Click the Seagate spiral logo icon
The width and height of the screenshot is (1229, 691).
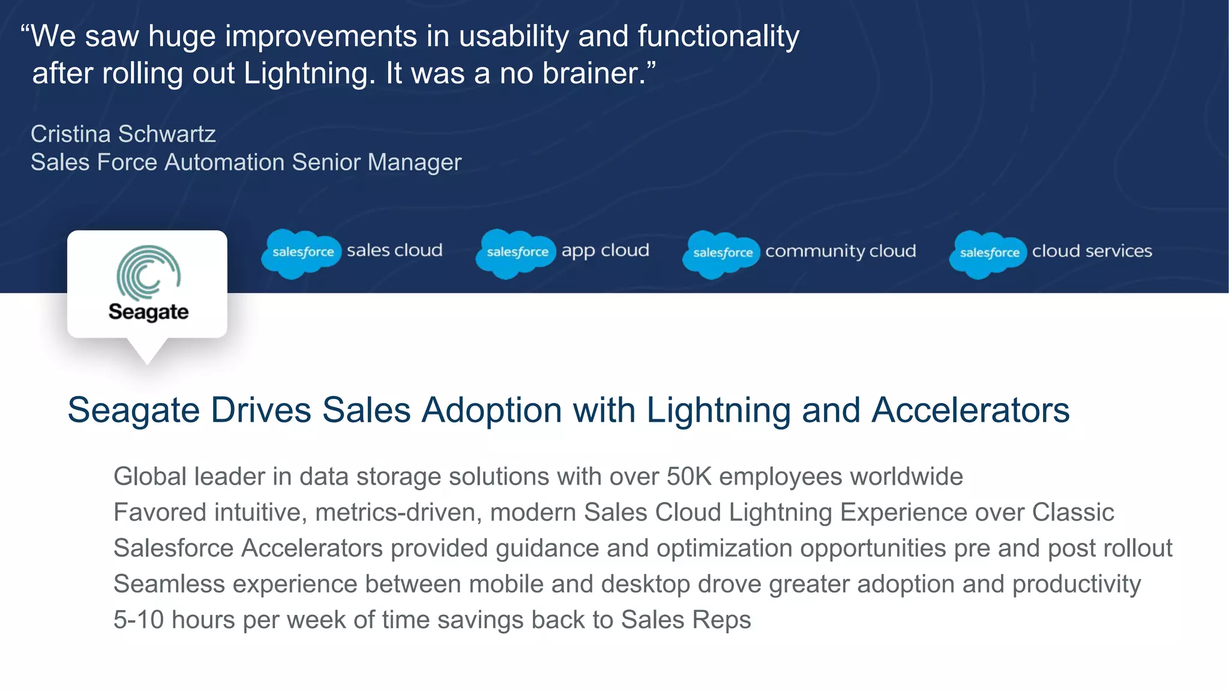pos(148,273)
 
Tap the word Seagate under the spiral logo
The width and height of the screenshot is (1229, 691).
pos(148,312)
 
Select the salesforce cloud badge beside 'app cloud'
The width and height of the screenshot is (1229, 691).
pos(516,253)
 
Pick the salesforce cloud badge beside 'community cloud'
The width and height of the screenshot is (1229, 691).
pos(722,254)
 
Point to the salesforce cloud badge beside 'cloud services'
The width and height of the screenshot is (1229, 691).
pos(988,254)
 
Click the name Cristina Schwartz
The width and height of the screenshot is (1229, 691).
pos(123,134)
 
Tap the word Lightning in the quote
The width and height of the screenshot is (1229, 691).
pos(308,74)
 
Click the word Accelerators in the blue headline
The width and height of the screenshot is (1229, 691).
pos(970,411)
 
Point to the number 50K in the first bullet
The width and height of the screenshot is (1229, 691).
pos(688,477)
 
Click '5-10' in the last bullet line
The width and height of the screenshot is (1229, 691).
pos(138,620)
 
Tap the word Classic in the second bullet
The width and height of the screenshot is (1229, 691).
pos(1072,513)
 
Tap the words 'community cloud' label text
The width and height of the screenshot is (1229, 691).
pos(840,251)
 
